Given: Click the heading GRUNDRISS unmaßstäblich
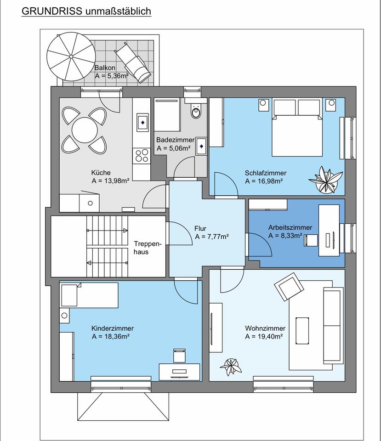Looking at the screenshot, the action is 86,11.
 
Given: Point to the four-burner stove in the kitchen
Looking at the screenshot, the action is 142,156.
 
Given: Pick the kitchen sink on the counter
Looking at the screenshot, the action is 142,122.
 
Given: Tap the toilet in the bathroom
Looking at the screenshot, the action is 196,112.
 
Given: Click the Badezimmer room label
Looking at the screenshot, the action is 175,140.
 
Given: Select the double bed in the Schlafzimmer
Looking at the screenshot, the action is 297,127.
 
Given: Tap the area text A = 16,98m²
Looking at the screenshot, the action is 264,181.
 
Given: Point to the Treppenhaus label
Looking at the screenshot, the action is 148,248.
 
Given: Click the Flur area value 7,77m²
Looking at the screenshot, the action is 216,237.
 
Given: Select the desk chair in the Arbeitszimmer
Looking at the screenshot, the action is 311,240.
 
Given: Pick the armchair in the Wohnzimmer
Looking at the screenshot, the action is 289,286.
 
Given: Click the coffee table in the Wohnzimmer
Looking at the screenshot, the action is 302,330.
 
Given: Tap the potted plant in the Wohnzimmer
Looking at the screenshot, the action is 231,367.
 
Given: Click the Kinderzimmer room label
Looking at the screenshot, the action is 113,328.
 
